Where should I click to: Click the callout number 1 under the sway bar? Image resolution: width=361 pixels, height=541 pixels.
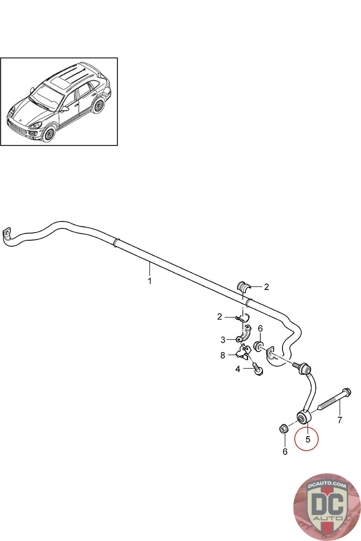coord(150,281)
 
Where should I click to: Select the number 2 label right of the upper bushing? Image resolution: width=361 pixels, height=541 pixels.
coord(266,287)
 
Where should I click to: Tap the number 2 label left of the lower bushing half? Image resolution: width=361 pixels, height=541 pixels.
coord(220,317)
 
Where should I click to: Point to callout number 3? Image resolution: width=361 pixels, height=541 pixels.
coord(223,339)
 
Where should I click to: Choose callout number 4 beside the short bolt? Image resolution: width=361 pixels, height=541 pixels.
coord(238,369)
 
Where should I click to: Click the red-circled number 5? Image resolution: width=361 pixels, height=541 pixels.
coord(308,439)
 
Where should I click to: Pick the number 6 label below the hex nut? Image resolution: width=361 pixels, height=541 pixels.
coord(285,451)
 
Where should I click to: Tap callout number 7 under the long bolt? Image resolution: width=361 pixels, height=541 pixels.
coord(340,420)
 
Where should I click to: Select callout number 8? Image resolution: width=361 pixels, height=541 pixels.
coord(223,355)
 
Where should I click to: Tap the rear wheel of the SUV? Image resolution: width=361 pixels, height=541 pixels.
coord(98,105)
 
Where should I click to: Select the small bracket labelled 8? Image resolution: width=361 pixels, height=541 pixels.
coord(245,352)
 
